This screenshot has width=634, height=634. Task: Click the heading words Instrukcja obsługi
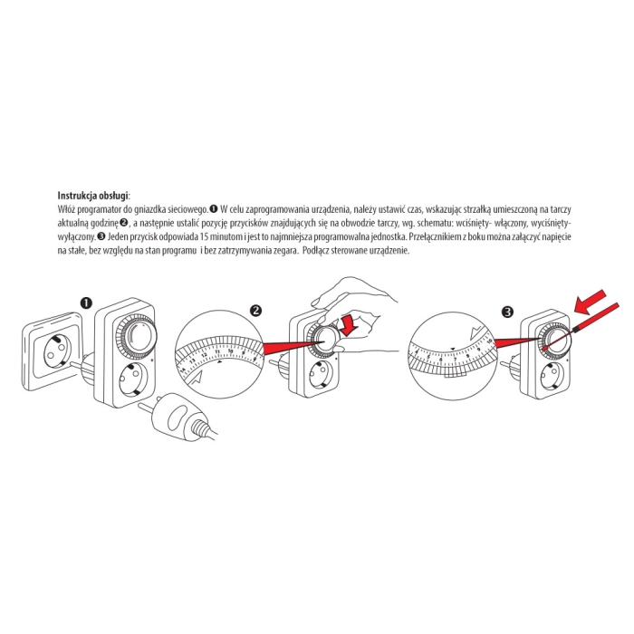[x=93, y=197]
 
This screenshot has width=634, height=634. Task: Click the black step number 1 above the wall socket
[x=86, y=303]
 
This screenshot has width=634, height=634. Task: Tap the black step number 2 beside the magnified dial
[x=256, y=311]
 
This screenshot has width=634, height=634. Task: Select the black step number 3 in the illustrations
[x=507, y=312]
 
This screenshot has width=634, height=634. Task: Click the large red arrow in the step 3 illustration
[x=591, y=303]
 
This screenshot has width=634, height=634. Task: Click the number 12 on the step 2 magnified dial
[x=205, y=355]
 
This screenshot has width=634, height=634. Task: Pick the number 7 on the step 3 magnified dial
[x=456, y=359]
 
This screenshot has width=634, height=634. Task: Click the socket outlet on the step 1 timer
[x=132, y=379]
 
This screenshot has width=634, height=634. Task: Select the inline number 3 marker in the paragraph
[x=101, y=236]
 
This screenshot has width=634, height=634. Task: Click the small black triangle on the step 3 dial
[x=453, y=348]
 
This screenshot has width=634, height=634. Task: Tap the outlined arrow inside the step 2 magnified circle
[x=197, y=379]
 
